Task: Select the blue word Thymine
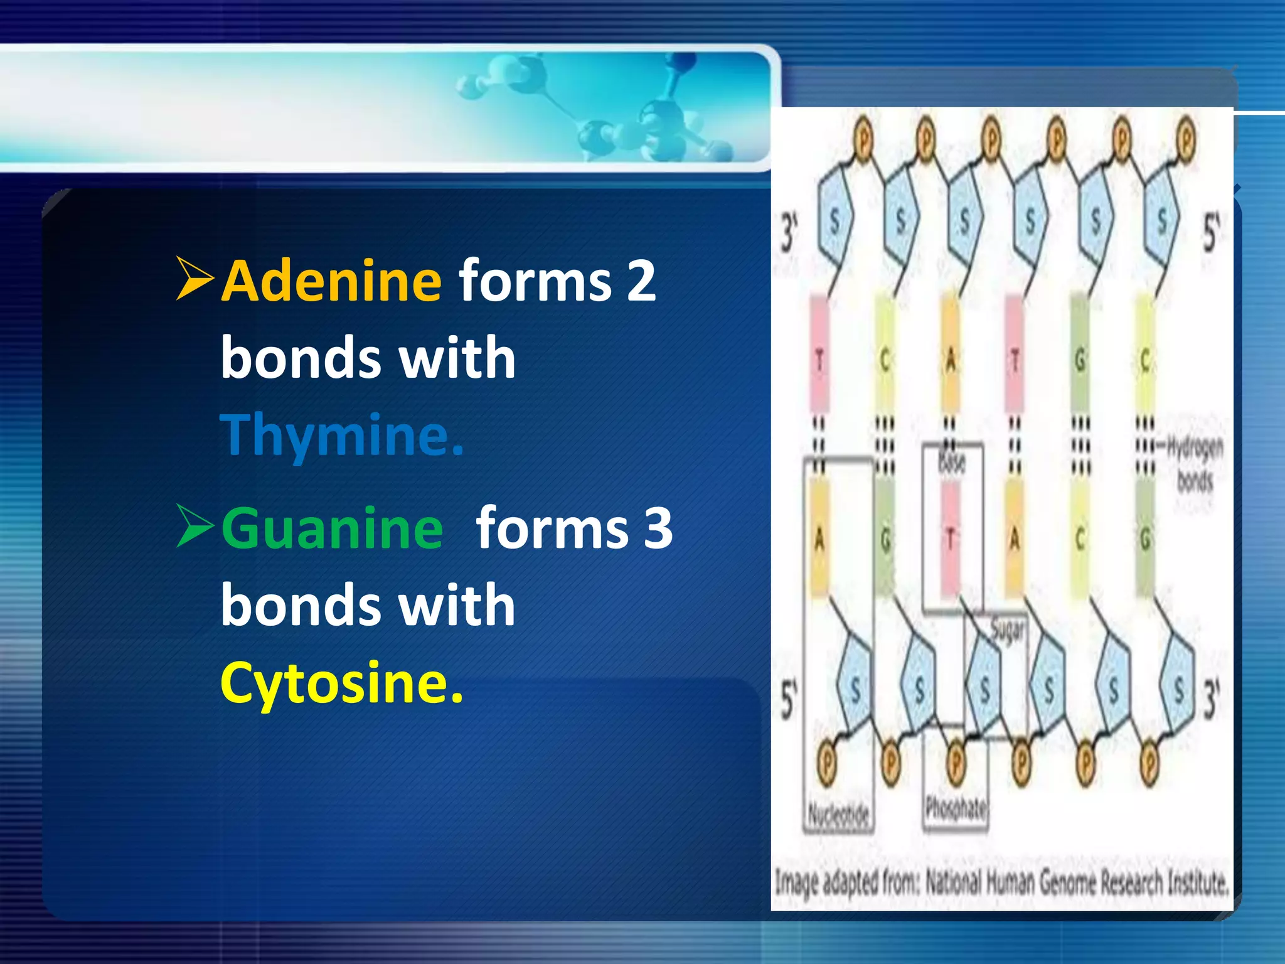point(342,434)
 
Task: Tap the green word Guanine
point(332,528)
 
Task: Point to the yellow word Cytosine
point(342,682)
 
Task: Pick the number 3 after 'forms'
point(658,528)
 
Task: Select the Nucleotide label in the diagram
point(838,814)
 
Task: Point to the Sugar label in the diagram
point(1008,630)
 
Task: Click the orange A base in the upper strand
point(951,360)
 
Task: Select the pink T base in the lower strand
point(951,538)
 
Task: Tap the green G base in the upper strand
point(1080,360)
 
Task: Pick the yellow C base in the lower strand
point(1080,538)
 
